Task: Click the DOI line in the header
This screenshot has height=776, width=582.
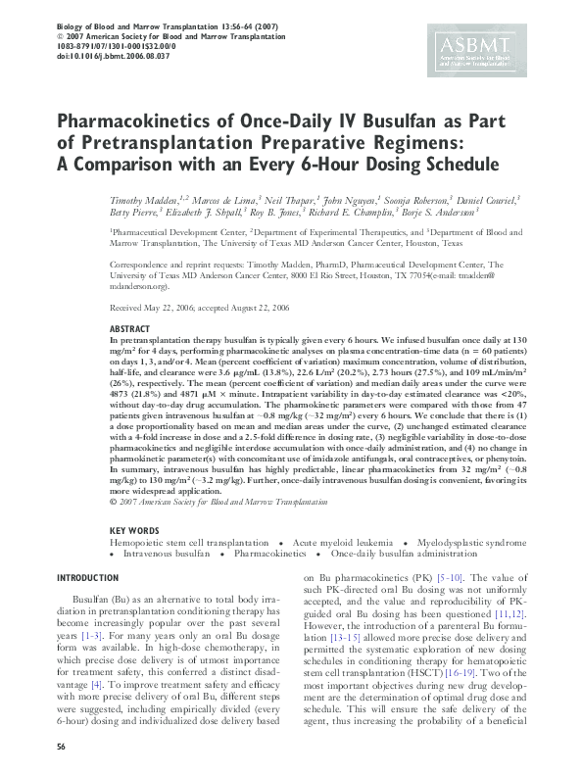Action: click(x=114, y=57)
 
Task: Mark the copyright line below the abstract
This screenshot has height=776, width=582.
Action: click(x=218, y=502)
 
